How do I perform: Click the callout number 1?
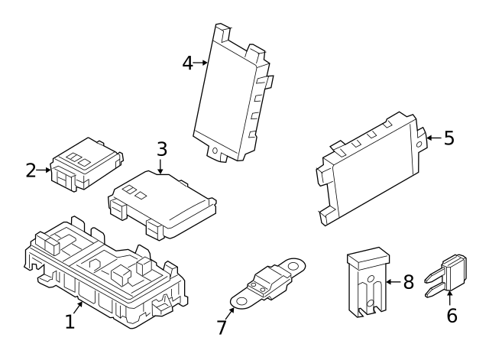pos(70,322)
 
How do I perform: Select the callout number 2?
pos(31,170)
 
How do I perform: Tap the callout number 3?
pos(161,148)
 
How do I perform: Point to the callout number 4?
pos(188,63)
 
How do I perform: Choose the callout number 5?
pos(449,138)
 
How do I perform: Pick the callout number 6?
pos(452,314)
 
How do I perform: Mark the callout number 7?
pos(222,327)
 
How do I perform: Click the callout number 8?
pos(408,282)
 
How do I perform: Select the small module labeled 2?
pos(84,163)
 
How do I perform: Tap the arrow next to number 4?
pos(202,63)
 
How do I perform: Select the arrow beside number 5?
pos(432,138)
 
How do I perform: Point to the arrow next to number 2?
pos(45,170)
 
